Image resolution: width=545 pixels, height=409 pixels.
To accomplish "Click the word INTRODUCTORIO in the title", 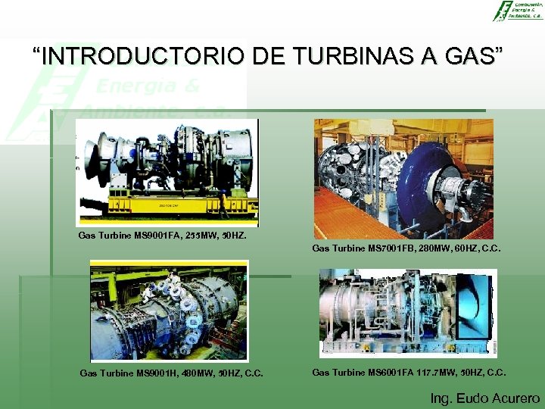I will (143, 56).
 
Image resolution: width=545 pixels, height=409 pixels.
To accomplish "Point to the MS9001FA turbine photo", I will (167, 173).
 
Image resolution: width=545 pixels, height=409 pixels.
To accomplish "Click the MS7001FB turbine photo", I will (403, 179).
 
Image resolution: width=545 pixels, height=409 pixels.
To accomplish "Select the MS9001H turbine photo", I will (169, 310).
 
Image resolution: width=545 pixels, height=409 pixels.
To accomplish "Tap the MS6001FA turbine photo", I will (408, 312).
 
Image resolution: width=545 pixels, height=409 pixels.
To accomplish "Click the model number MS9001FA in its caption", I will (156, 236).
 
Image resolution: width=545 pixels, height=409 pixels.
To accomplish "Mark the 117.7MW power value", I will (438, 372).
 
